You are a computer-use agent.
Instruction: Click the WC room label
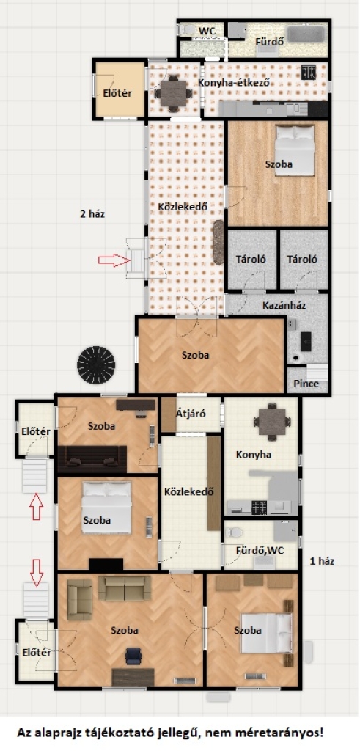(x=207, y=31)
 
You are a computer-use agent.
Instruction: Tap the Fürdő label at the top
(x=270, y=42)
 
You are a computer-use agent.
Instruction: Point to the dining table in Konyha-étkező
(x=173, y=93)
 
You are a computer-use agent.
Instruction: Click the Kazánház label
(x=284, y=305)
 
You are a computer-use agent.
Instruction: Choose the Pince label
(x=306, y=384)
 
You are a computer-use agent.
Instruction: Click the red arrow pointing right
(x=114, y=260)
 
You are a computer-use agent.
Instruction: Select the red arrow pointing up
(x=37, y=508)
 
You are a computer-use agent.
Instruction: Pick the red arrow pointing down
(x=37, y=571)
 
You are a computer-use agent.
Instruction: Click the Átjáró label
(x=191, y=414)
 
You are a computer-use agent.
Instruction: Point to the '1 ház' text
(x=322, y=561)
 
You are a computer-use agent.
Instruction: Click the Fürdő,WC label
(x=260, y=550)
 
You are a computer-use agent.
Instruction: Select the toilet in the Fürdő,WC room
(x=235, y=532)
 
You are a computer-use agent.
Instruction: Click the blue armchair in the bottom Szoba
(x=133, y=656)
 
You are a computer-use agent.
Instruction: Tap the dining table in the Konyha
(x=273, y=422)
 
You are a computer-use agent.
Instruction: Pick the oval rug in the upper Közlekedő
(x=218, y=242)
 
